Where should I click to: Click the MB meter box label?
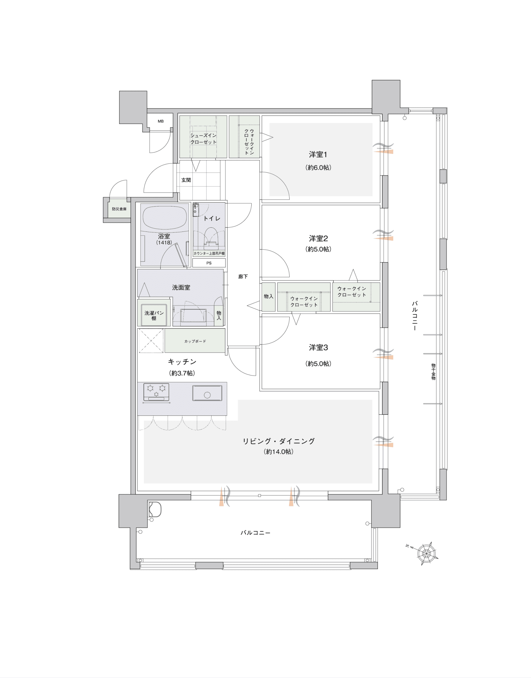160,121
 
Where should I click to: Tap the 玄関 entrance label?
186,180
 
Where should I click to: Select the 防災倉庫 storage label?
119,209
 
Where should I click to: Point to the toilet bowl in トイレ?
211,238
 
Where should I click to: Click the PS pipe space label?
209,263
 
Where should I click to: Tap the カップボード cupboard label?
195,341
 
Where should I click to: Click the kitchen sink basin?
207,393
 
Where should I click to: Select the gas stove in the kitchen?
156,392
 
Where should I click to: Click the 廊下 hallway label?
243,276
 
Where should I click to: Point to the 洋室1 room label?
318,155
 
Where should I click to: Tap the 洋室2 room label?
318,238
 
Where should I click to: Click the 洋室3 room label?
318,347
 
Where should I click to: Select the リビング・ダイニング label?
278,441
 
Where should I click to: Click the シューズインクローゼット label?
203,139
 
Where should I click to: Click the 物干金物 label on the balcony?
433,372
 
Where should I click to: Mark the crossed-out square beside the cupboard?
151,341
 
